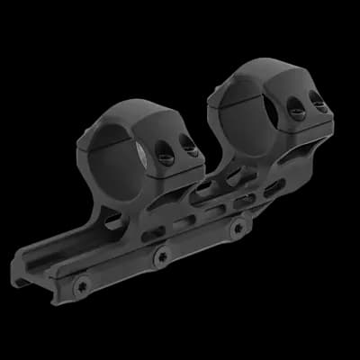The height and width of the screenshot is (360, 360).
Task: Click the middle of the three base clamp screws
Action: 162,256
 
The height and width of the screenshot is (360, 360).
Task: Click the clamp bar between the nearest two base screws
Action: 121,270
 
